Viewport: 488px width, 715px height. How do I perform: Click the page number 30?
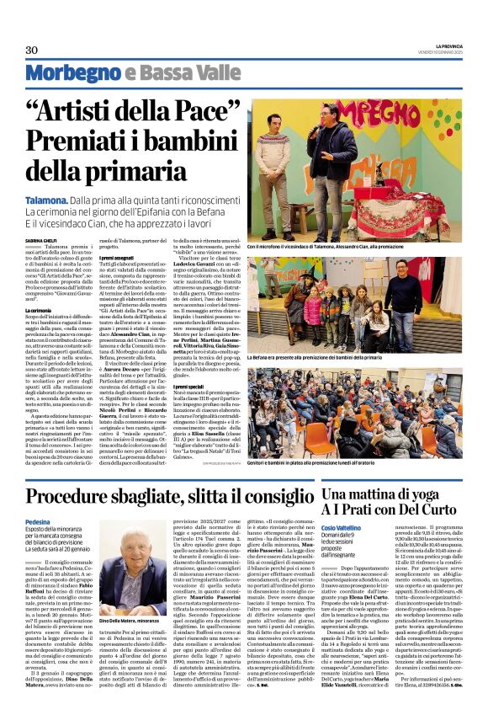click(x=31, y=50)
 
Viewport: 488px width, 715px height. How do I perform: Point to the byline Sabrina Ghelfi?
click(x=40, y=240)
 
